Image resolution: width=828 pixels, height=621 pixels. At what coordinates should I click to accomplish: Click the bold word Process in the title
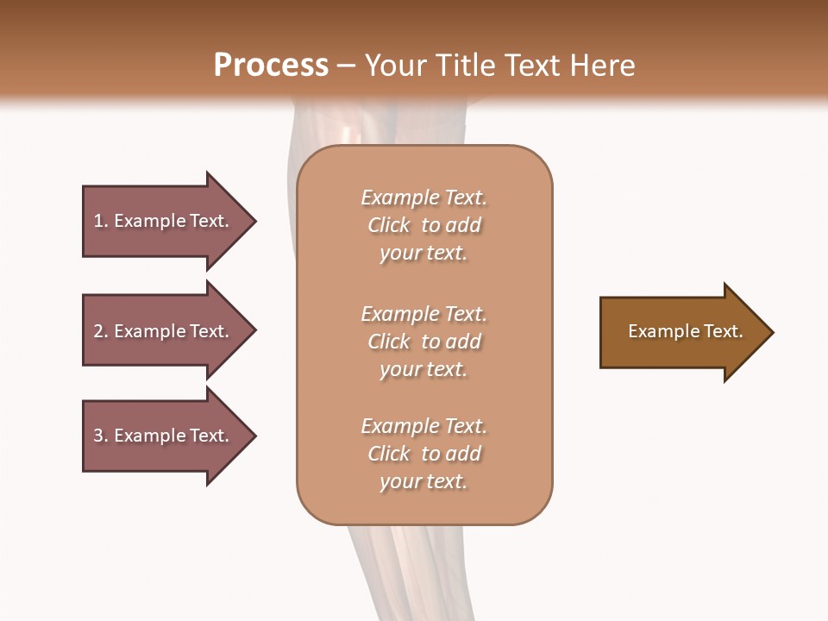point(271,66)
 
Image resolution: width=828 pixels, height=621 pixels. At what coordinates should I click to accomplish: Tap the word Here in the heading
point(600,66)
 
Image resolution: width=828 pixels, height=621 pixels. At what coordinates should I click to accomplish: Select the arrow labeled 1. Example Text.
point(161,221)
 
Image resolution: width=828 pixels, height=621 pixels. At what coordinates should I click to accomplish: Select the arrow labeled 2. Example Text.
point(161,331)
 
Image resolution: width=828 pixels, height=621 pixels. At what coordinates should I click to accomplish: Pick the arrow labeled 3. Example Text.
point(161,436)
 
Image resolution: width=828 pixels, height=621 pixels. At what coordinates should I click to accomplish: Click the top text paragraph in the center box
point(423,225)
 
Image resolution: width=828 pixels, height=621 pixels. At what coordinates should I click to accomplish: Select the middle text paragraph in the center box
point(423,342)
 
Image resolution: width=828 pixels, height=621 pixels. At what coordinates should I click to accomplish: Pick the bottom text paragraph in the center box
point(423,454)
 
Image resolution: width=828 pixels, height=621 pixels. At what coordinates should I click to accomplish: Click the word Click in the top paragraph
point(389,225)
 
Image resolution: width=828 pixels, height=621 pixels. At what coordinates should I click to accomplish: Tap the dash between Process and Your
point(347,66)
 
